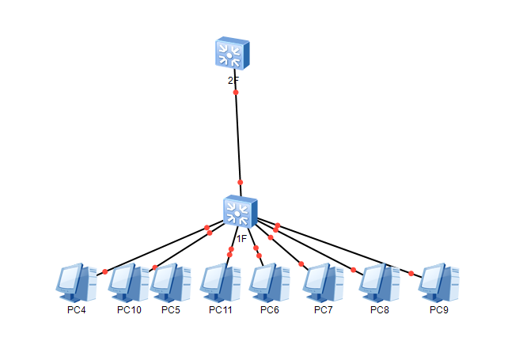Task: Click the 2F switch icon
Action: [x=233, y=52]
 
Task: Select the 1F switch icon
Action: [x=240, y=210]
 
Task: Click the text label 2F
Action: [x=233, y=81]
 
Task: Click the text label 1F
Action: [x=242, y=237]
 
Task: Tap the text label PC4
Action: [x=76, y=309]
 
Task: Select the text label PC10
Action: [x=129, y=309]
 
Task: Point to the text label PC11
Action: [x=221, y=309]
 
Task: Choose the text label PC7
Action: [x=323, y=309]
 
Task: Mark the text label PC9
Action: [x=439, y=309]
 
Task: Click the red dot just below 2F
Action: [x=236, y=93]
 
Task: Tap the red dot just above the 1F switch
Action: [x=240, y=182]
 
